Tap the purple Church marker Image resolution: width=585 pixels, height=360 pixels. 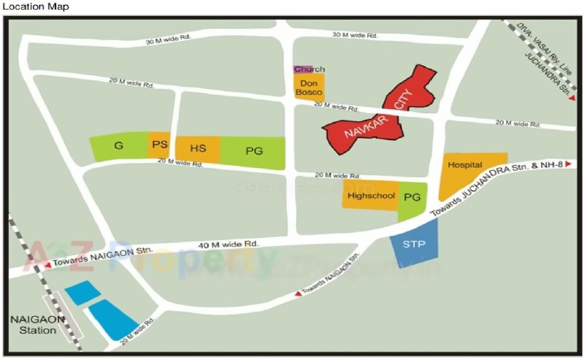click(302, 69)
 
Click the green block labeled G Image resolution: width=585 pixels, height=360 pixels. click(119, 146)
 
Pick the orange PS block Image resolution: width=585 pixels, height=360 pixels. click(159, 145)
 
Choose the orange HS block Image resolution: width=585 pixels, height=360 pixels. click(198, 149)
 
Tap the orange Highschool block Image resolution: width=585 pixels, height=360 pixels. click(370, 196)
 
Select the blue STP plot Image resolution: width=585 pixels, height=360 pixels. click(414, 245)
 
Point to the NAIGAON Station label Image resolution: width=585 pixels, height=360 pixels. click(38, 325)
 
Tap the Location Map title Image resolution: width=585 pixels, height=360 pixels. click(35, 7)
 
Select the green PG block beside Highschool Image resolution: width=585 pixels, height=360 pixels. click(412, 198)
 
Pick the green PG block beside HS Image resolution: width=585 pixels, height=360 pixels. click(253, 151)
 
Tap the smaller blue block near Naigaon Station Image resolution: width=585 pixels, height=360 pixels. click(82, 293)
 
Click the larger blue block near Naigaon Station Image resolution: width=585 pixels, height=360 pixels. click(112, 319)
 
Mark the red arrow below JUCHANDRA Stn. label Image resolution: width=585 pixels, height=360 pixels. click(573, 98)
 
